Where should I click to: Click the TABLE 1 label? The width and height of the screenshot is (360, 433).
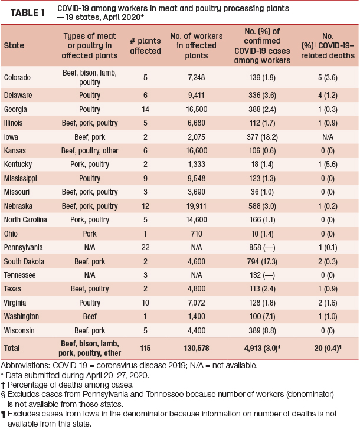(x=28, y=13)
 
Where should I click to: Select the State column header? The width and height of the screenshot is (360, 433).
(x=14, y=45)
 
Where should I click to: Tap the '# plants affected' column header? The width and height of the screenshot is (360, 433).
(x=145, y=46)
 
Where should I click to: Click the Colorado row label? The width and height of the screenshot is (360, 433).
(x=17, y=78)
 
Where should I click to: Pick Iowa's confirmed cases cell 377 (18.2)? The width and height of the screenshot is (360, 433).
(x=262, y=137)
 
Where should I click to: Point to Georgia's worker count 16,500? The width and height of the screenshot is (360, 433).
(x=197, y=109)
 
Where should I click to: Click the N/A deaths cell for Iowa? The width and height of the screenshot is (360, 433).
(x=328, y=137)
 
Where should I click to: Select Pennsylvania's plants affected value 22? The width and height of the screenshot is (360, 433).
(x=145, y=247)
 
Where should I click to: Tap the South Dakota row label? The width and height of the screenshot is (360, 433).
(x=24, y=261)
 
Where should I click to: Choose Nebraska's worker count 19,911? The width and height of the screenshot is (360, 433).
(x=197, y=206)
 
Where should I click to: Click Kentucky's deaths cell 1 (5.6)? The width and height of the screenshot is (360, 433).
(x=328, y=165)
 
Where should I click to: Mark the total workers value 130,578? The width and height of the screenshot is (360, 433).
(x=197, y=348)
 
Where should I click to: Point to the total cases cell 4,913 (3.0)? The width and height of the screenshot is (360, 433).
(x=262, y=348)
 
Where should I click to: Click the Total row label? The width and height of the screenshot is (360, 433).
(x=12, y=348)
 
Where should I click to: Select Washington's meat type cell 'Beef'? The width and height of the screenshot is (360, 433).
(x=90, y=316)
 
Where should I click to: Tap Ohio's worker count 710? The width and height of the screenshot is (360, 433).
(x=197, y=234)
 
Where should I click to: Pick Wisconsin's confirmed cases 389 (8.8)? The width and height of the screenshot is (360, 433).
(x=262, y=330)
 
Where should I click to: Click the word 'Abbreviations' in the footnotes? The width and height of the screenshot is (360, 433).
(x=25, y=365)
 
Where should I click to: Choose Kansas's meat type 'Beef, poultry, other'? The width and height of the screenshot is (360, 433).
(x=90, y=151)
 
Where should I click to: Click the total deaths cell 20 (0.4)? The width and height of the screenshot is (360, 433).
(x=328, y=348)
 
